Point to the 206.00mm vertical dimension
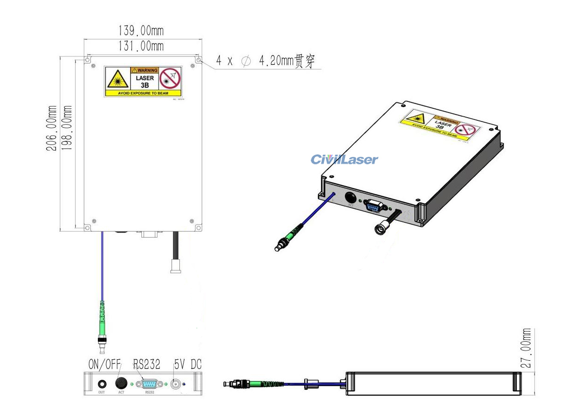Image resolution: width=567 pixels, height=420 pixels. coord(53,128)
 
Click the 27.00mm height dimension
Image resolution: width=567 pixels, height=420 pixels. coord(527,348)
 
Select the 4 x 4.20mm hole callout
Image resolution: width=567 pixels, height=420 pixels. coord(268,62)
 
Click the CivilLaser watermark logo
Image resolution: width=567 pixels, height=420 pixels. coord(344,160)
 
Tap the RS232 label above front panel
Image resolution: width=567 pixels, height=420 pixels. coord(147,364)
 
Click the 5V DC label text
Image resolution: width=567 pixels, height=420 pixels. coord(188,364)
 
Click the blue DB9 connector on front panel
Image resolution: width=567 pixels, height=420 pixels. coord(149,384)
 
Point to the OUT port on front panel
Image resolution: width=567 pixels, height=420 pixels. coord(102,384)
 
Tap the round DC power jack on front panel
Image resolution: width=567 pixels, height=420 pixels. coord(176,384)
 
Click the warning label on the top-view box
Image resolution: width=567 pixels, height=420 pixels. coord(143,81)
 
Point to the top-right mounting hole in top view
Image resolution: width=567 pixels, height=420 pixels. coord(198,60)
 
